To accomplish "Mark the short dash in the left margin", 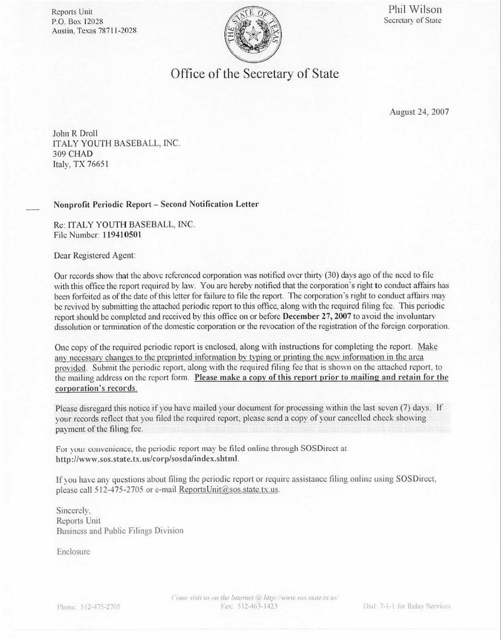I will coord(33,210).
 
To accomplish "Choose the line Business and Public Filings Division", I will coord(120,531).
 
